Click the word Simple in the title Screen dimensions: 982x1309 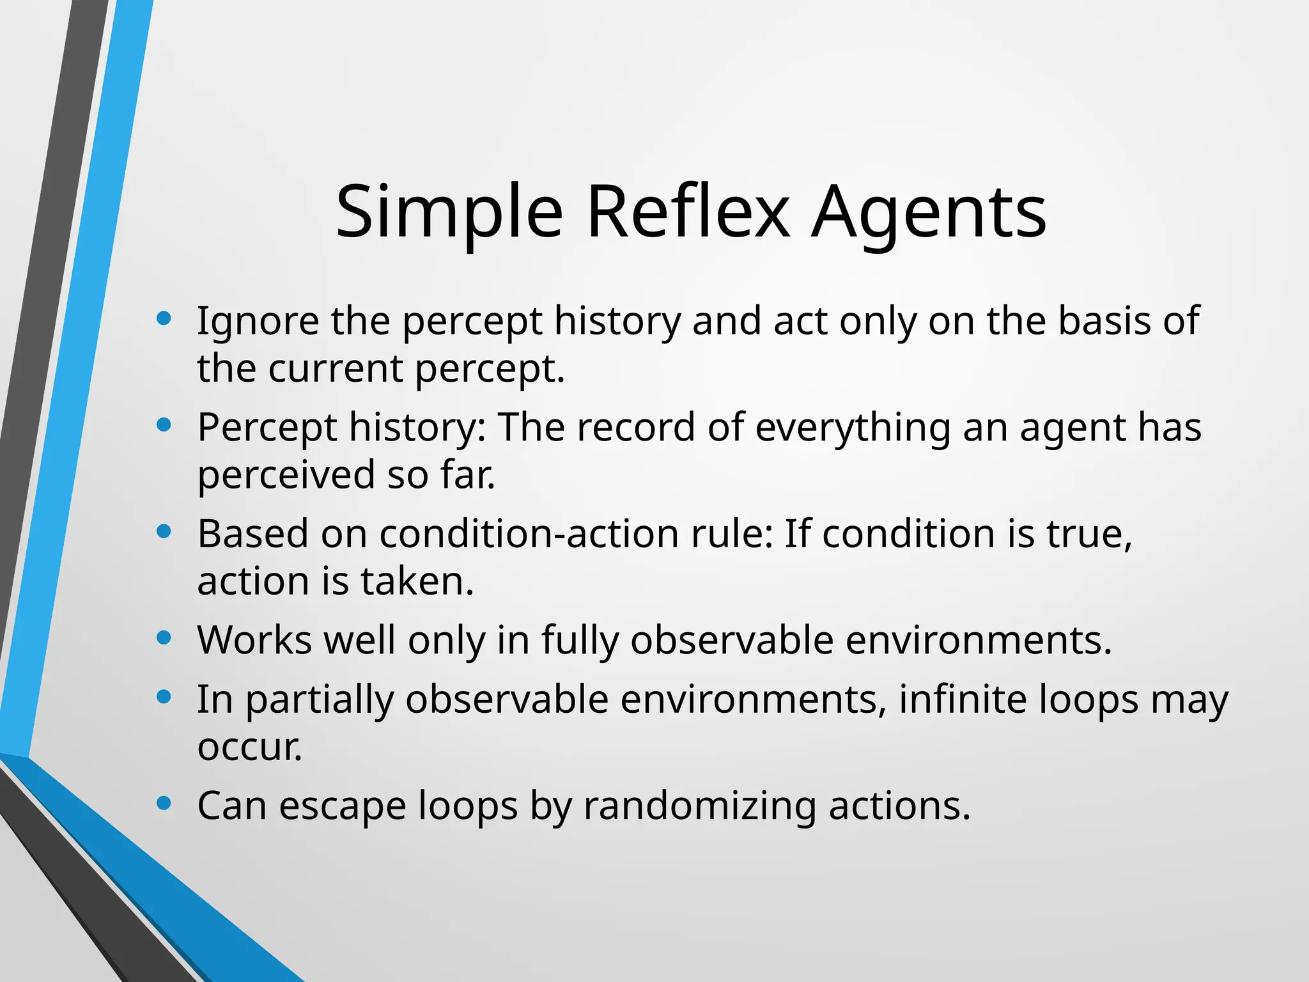click(x=449, y=213)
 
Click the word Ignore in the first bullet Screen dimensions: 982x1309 click(x=257, y=322)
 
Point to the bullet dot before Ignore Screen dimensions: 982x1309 click(x=164, y=318)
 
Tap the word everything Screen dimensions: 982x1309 click(x=853, y=428)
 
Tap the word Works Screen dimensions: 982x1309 click(x=254, y=640)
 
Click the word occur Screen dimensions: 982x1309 click(x=249, y=747)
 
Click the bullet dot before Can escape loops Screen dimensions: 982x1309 click(x=164, y=802)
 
